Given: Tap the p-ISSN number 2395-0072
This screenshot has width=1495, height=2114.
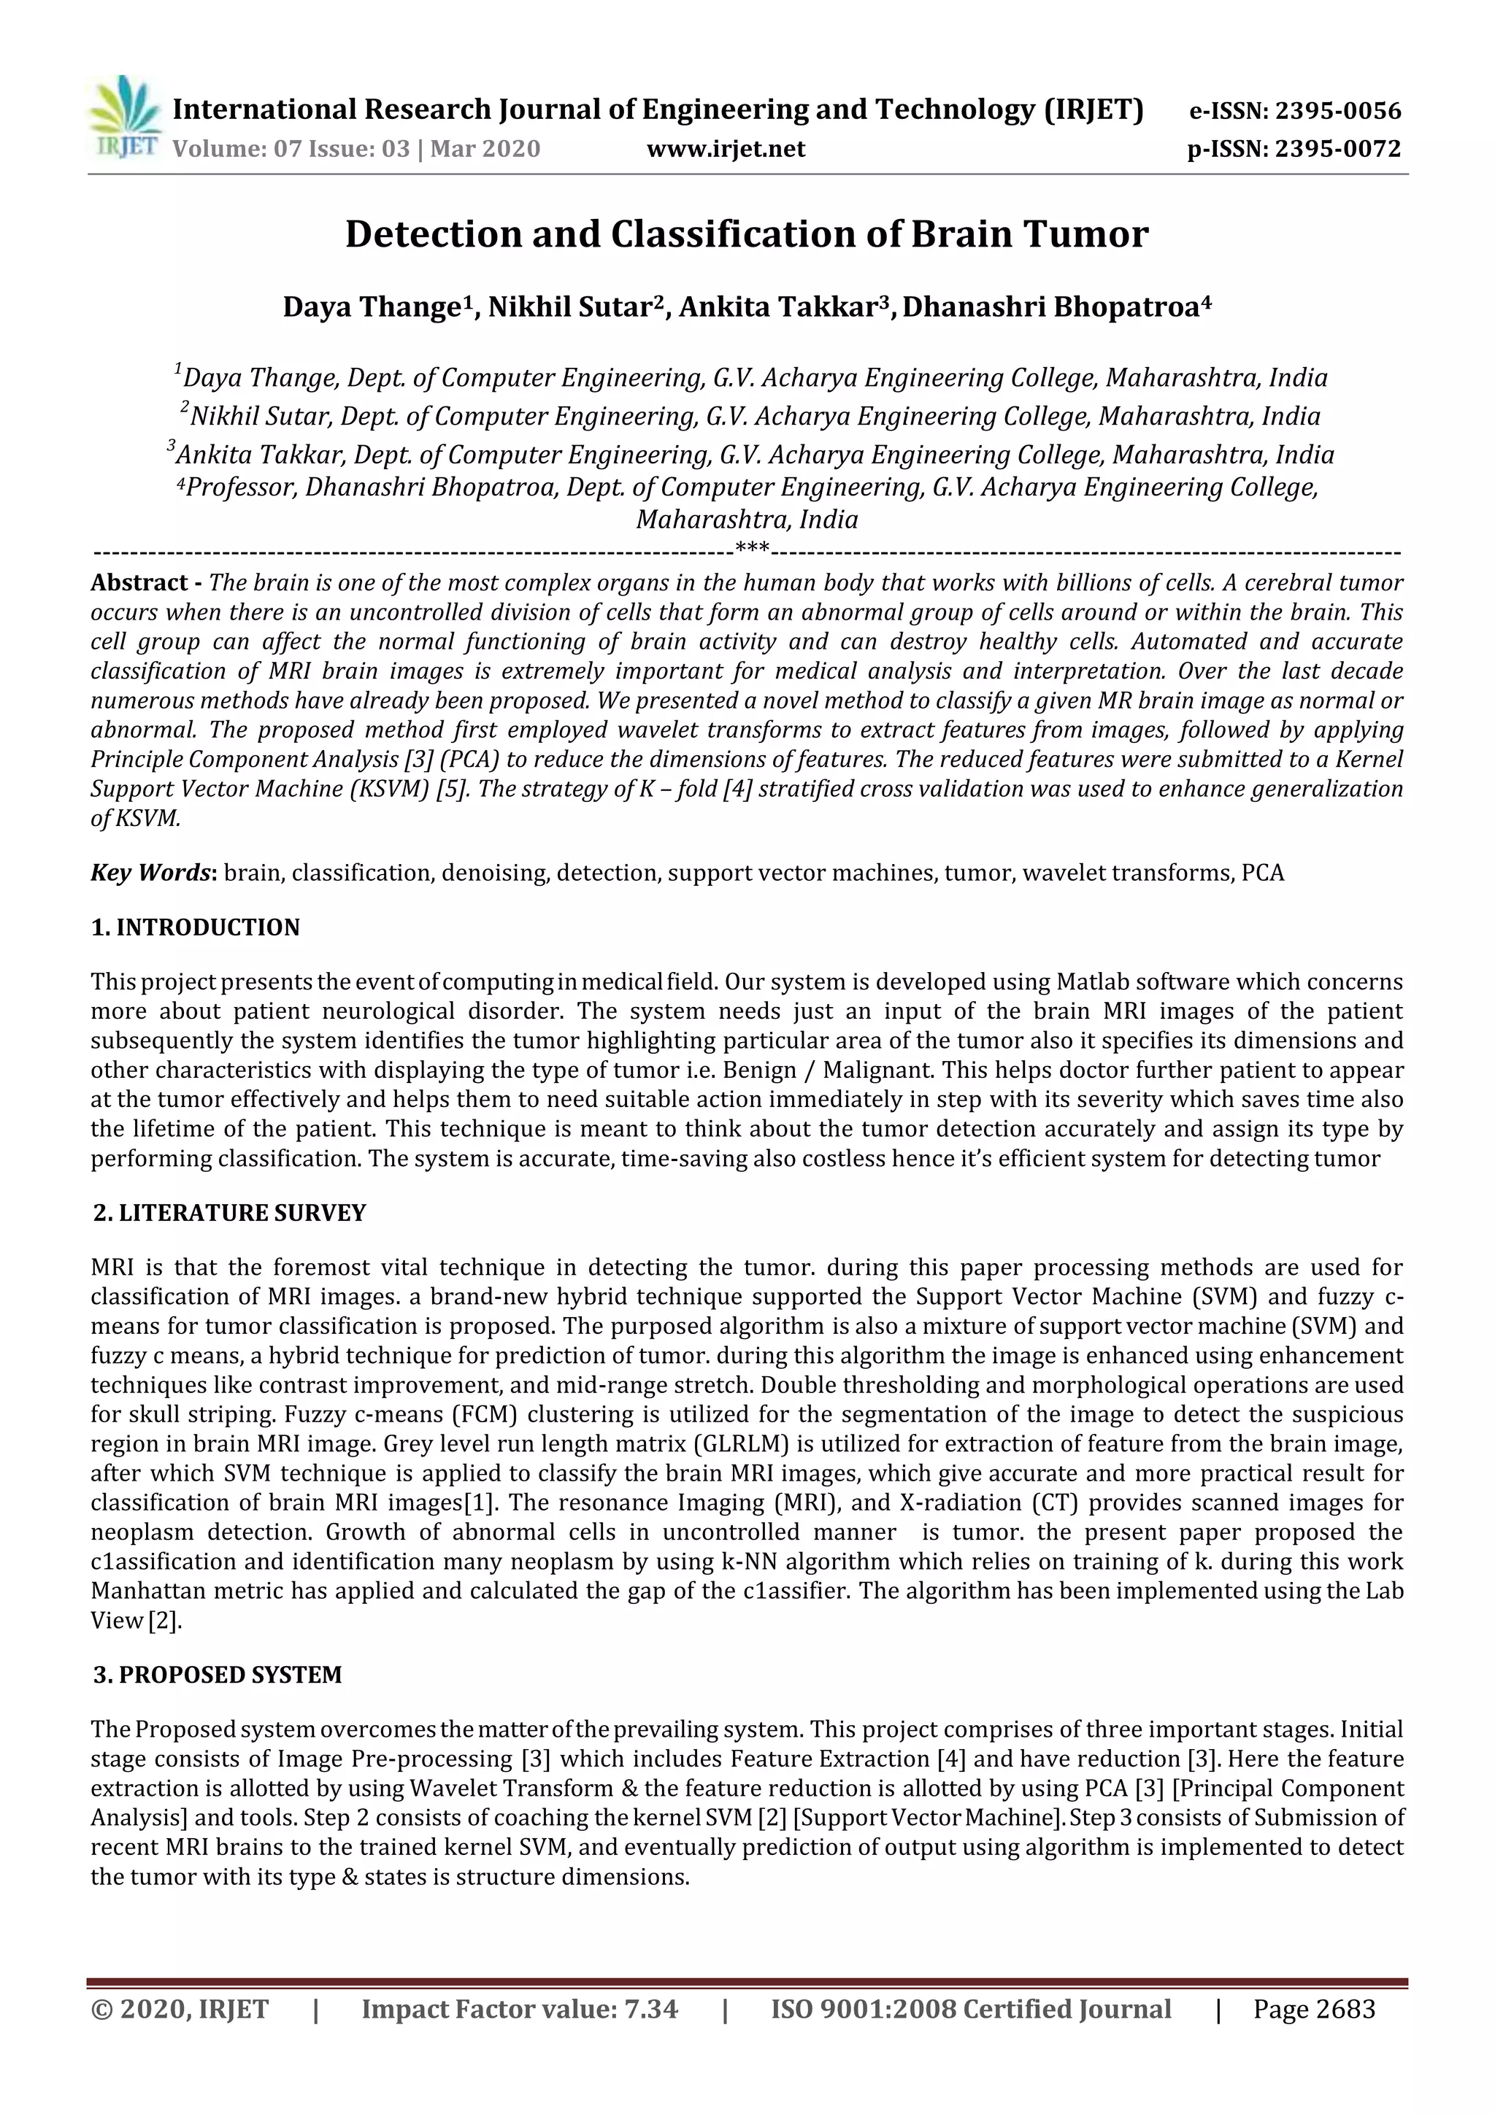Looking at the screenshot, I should point(1337,148).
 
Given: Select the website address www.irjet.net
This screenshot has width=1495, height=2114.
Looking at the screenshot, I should point(726,148).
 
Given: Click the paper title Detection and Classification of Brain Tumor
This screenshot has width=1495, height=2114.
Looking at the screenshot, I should point(746,234).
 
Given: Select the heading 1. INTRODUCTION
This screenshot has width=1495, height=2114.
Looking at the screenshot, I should point(196,927).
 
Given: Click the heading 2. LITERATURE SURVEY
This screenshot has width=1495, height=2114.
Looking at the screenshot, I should point(229,1213).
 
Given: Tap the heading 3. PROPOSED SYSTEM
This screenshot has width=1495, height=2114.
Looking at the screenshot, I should point(218,1675).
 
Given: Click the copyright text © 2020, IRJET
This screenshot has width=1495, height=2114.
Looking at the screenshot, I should point(180,2009).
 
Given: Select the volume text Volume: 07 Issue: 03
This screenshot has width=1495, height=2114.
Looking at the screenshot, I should point(291,148).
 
